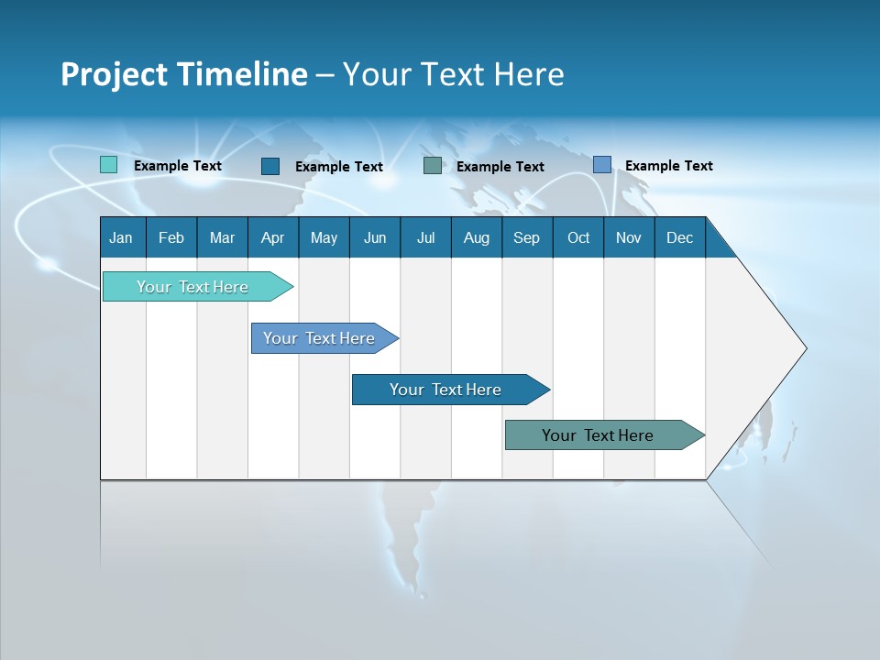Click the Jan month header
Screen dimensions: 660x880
tap(122, 237)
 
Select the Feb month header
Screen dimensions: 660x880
tap(171, 237)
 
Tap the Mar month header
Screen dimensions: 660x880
tap(222, 237)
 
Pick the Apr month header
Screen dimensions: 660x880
tap(273, 237)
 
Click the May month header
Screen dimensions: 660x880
tap(324, 237)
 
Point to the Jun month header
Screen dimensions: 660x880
tap(375, 237)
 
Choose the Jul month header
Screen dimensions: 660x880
tap(425, 237)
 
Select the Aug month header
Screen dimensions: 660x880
tap(477, 237)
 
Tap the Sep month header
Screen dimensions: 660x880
tap(527, 237)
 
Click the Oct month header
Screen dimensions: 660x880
tap(578, 237)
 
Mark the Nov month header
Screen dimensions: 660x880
tap(629, 237)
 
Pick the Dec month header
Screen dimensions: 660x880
tap(680, 237)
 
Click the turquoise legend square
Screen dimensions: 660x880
tap(109, 165)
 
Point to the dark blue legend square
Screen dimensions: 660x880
tap(270, 166)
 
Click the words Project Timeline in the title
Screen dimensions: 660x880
tap(184, 74)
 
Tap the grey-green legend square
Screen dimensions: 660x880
tap(433, 166)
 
